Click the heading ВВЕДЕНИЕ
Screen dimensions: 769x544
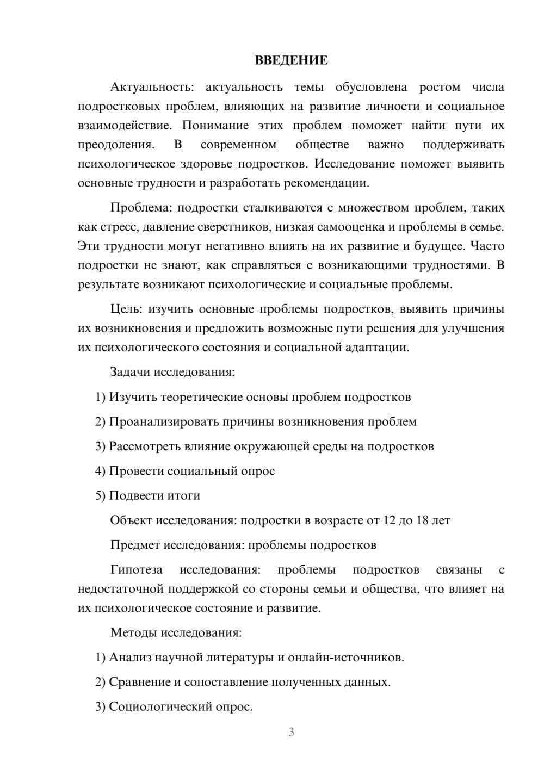(x=291, y=60)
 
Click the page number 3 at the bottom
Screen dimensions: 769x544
(x=291, y=732)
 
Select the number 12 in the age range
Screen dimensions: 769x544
(x=390, y=520)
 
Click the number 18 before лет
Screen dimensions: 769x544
(x=422, y=520)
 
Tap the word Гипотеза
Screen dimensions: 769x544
(x=136, y=570)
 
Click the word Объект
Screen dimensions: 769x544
(x=131, y=520)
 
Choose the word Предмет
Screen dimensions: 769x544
(x=134, y=545)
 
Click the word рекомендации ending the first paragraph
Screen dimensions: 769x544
(x=329, y=183)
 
